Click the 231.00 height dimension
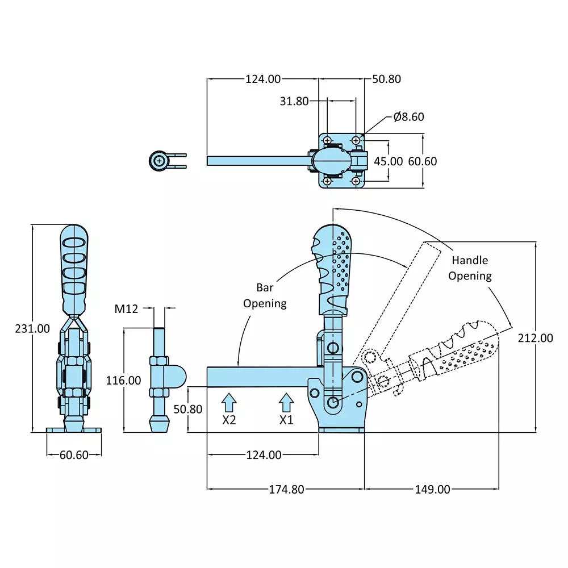33,328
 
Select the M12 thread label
126,309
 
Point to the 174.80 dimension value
286,489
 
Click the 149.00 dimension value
432,489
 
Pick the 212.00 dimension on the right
535,338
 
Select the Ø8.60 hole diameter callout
408,117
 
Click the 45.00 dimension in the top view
388,161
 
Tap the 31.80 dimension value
294,101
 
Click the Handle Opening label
470,268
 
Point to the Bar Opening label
265,296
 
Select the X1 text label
286,420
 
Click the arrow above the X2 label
228,402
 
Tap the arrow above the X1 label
286,402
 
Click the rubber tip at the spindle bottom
157,423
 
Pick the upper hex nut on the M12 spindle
157,361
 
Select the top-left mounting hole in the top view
328,139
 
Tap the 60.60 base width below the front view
74,455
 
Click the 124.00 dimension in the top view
263,79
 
